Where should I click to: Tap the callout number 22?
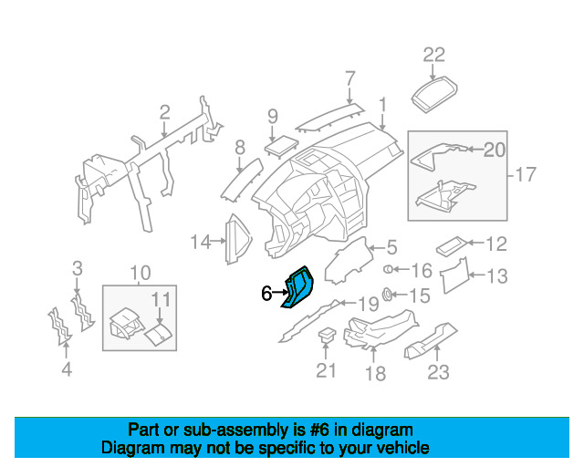(434, 55)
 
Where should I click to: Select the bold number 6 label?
(266, 294)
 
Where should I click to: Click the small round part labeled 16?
(388, 269)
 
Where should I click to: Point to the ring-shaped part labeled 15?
(387, 295)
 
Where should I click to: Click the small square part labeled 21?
(327, 334)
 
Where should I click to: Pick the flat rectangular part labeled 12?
(451, 245)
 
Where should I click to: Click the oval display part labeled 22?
(434, 94)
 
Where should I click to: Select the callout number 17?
(527, 174)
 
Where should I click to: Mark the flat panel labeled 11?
(158, 334)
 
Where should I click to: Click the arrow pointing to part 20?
(475, 150)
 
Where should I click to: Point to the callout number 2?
(164, 112)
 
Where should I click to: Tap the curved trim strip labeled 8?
(242, 180)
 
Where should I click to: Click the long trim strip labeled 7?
(329, 118)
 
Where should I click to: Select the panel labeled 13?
(454, 275)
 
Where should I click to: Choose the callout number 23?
(438, 372)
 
